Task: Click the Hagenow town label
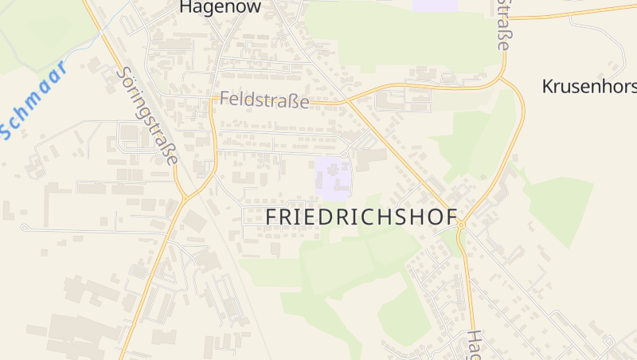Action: (210, 7)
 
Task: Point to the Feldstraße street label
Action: (264, 100)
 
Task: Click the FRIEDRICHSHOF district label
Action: (361, 217)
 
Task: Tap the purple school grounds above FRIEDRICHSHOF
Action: (333, 177)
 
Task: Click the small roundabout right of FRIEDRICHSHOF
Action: (460, 225)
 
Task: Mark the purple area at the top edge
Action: (435, 5)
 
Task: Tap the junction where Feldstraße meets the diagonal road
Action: (347, 102)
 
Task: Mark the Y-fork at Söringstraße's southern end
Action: (186, 195)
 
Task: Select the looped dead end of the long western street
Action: (24, 228)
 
